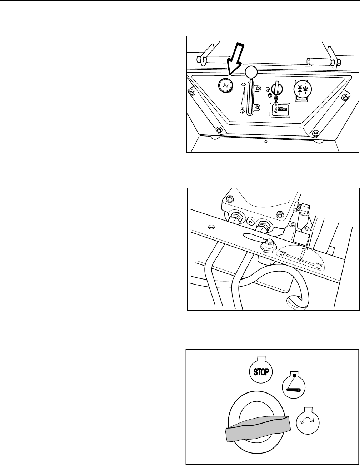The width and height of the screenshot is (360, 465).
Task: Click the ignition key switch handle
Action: click(x=276, y=88)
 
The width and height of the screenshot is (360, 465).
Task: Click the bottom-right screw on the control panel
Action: click(x=315, y=134)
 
